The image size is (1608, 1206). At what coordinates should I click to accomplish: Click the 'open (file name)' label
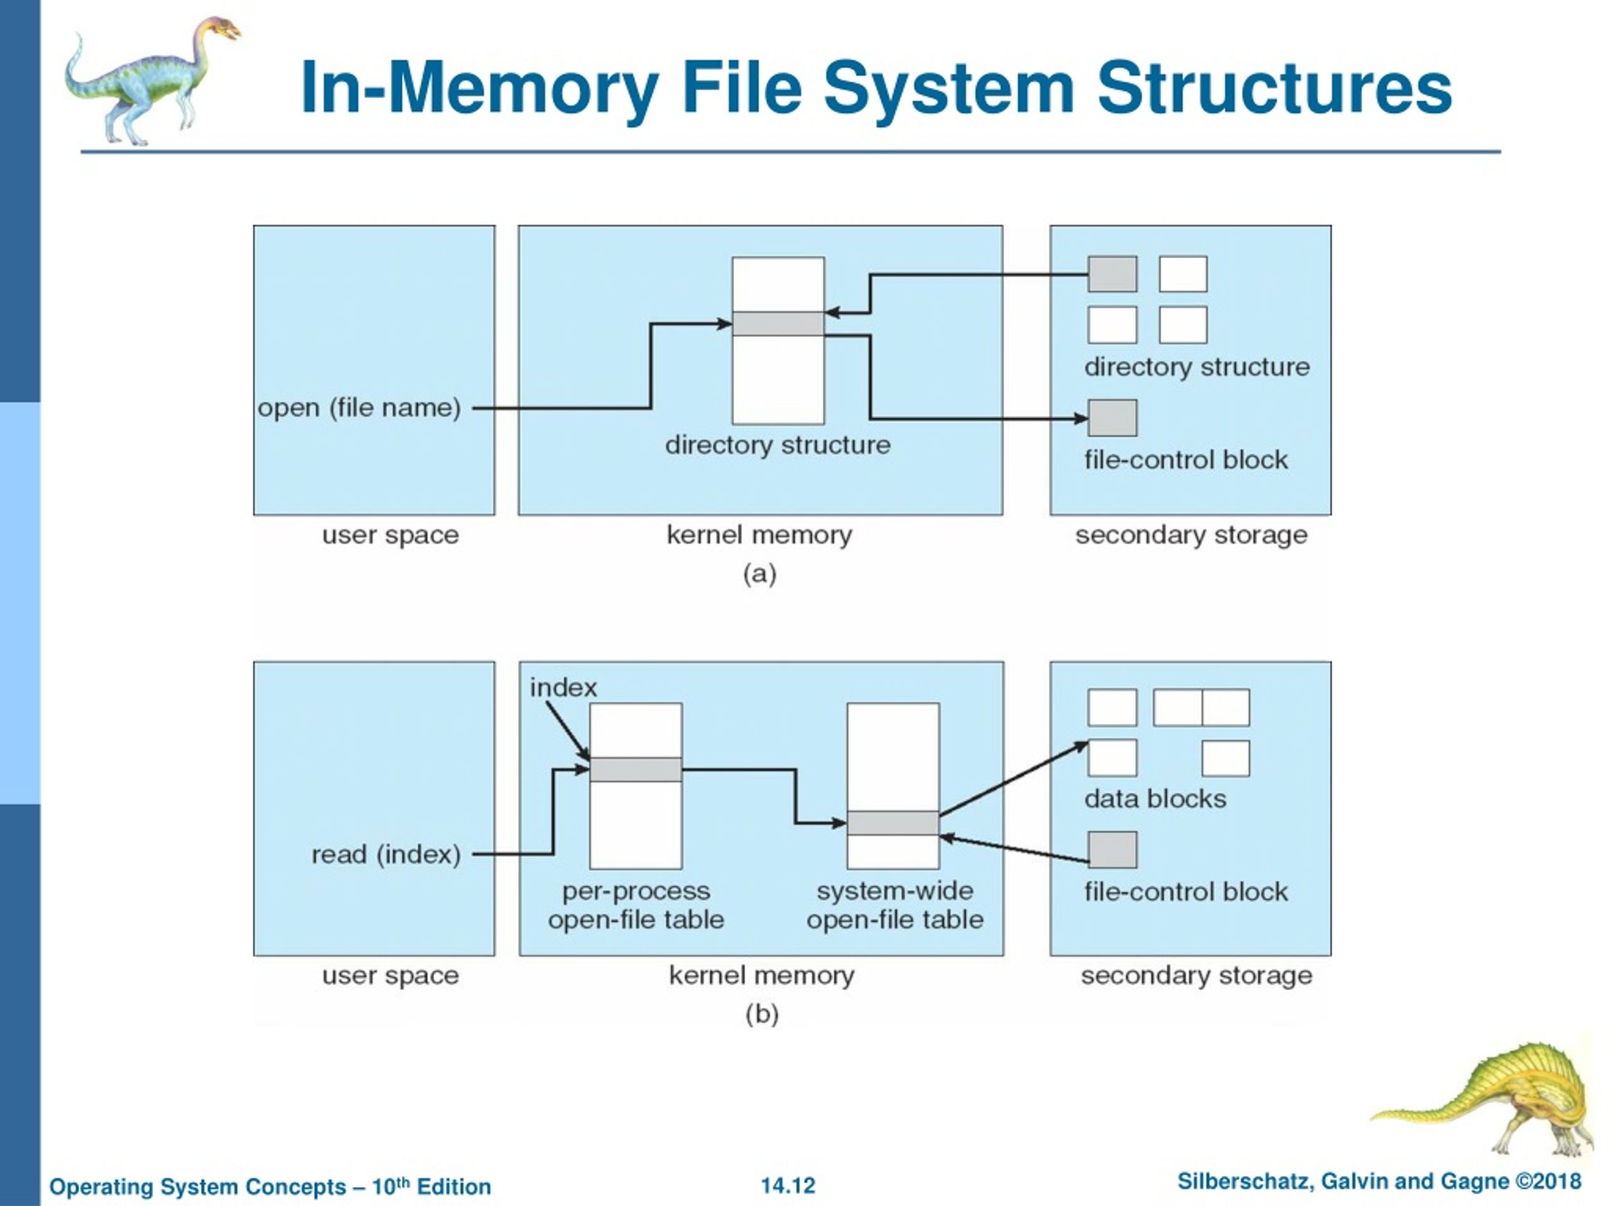pyautogui.click(x=359, y=408)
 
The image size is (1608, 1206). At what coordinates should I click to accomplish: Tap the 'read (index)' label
pyautogui.click(x=386, y=854)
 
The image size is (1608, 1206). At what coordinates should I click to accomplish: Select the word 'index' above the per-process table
pyautogui.click(x=563, y=688)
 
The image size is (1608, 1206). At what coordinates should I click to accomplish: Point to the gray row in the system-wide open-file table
pyautogui.click(x=893, y=823)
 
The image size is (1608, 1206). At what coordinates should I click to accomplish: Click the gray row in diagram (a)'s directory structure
pyautogui.click(x=778, y=323)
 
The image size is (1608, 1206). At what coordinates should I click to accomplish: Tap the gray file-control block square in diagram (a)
pyautogui.click(x=1112, y=418)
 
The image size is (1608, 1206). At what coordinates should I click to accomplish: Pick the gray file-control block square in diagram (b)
pyautogui.click(x=1112, y=850)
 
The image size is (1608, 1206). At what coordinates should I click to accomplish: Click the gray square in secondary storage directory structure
pyautogui.click(x=1112, y=274)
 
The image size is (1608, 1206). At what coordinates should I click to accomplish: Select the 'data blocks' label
pyautogui.click(x=1155, y=799)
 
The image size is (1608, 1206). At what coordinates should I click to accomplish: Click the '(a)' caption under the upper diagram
pyautogui.click(x=759, y=574)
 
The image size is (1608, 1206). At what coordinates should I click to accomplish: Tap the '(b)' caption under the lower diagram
pyautogui.click(x=762, y=1013)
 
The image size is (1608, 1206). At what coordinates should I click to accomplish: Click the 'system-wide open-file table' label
pyautogui.click(x=895, y=905)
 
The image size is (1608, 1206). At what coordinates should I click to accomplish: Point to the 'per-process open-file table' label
pyautogui.click(x=636, y=905)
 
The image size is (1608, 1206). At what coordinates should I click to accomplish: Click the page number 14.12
pyautogui.click(x=788, y=1186)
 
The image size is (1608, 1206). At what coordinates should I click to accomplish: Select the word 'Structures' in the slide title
pyautogui.click(x=1274, y=89)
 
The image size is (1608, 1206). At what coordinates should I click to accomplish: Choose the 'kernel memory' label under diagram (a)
pyautogui.click(x=759, y=535)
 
